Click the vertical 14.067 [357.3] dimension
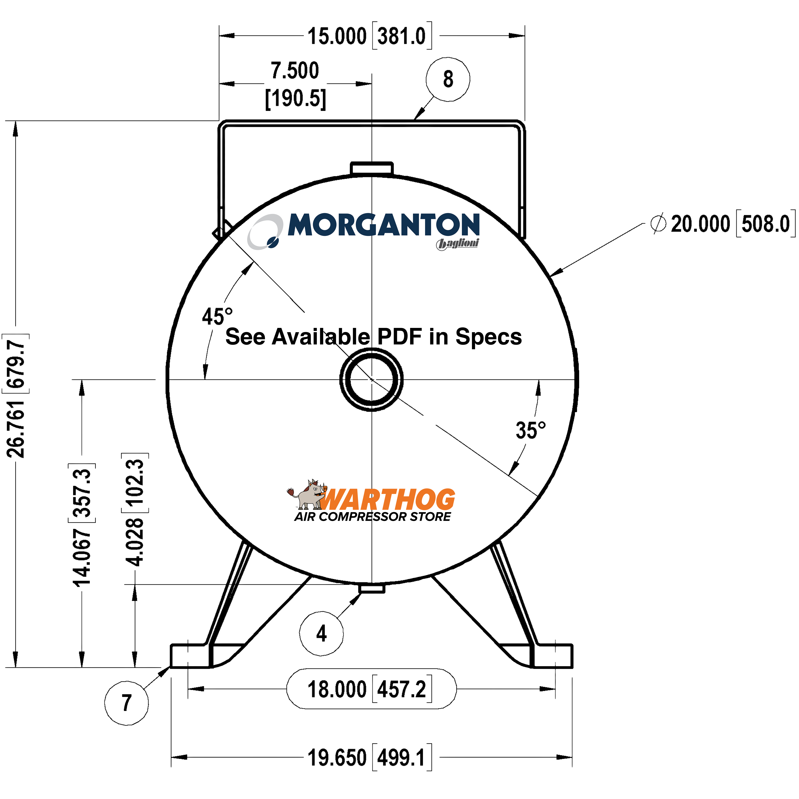coord(82,525)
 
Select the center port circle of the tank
coord(371,379)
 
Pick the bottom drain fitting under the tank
coord(371,588)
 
